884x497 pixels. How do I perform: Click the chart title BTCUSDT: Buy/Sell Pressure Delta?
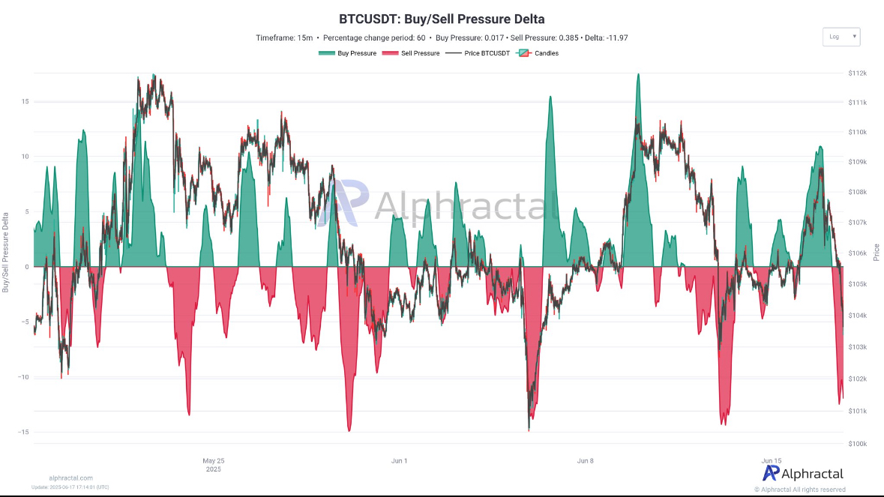pos(442,19)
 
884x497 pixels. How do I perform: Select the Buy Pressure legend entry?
pos(346,53)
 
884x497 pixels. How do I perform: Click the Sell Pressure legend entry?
pos(411,53)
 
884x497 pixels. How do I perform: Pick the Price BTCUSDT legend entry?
pos(477,53)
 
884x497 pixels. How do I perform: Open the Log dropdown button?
pos(841,37)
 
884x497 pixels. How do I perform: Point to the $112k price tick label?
pos(858,73)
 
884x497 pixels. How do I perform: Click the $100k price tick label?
pos(858,443)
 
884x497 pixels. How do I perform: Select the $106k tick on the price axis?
pos(858,253)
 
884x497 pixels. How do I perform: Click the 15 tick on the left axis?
pos(25,101)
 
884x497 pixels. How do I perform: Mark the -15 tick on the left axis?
pos(23,433)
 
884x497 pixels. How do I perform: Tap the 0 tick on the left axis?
pos(26,267)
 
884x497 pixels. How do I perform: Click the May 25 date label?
pos(214,460)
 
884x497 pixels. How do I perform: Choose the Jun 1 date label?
pos(399,460)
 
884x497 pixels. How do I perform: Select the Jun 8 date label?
pos(586,460)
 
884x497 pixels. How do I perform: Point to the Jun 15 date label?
pos(772,460)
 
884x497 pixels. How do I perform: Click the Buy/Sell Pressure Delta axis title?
pos(6,251)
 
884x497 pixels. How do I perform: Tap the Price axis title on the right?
pos(876,252)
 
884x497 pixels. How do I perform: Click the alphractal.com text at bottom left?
pos(70,478)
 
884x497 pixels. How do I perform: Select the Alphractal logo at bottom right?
pos(803,473)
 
